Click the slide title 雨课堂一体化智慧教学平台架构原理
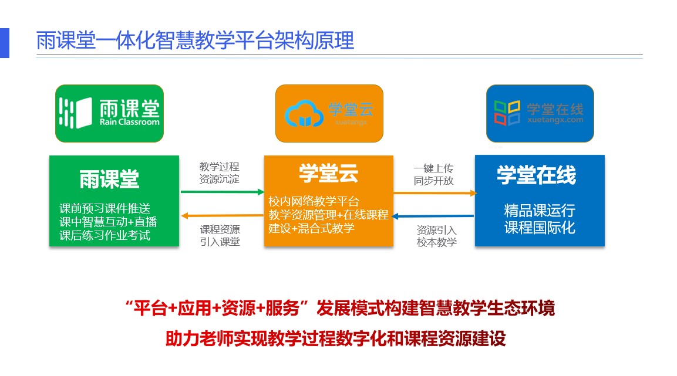pos(195,40)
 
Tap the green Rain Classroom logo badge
pos(109,113)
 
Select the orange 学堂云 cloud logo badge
pos(329,113)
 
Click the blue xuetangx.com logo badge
pos(540,113)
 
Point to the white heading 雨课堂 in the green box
pos(109,179)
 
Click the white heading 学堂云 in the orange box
pos(329,173)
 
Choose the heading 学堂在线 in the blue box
pos(536,175)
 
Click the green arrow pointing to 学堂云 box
pos(223,192)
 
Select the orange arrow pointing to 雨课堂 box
pos(223,215)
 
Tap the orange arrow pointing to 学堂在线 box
pos(435,193)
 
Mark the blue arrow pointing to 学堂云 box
pos(433,216)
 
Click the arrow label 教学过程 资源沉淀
pos(220,173)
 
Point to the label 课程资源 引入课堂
pos(220,235)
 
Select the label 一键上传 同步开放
pos(433,174)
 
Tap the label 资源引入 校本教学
pos(436,236)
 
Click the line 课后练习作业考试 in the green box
pos(105,235)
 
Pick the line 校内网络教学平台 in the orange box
pos(314,201)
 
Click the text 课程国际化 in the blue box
pos(540,228)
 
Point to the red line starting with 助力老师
pos(335,338)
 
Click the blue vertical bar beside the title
pos(4,43)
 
